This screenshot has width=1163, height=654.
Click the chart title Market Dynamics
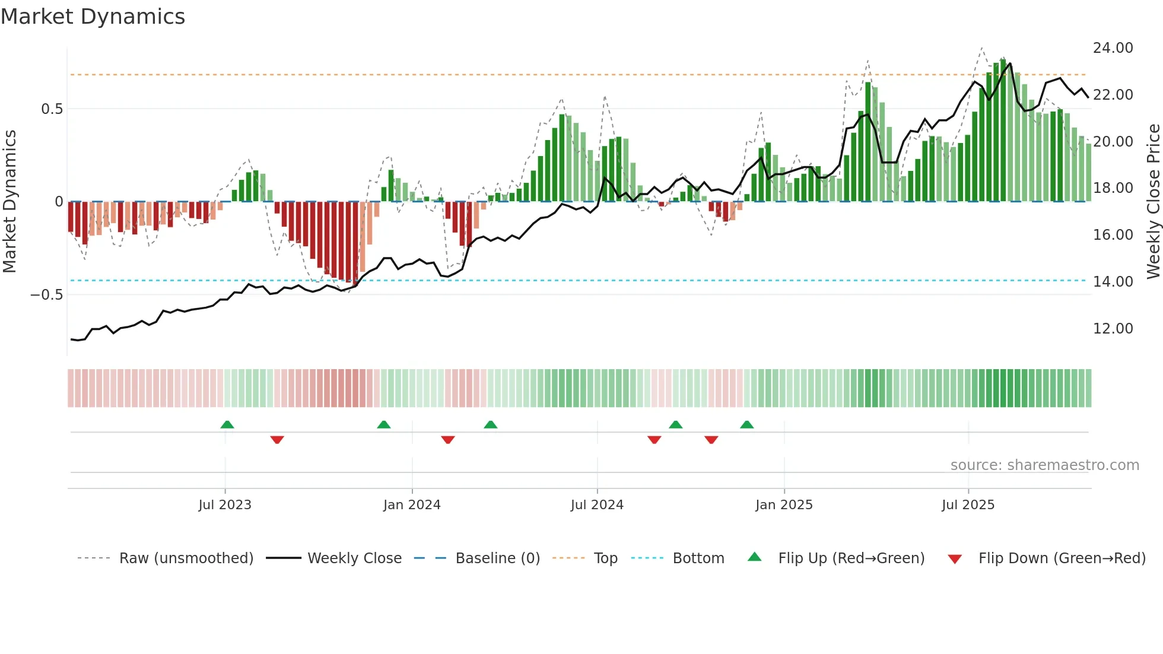pos(93,17)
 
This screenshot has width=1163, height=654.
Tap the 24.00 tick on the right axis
pos(1113,48)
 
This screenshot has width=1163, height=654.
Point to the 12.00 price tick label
pos(1113,329)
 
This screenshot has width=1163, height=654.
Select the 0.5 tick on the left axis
pos(52,109)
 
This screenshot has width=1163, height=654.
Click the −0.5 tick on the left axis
pos(46,295)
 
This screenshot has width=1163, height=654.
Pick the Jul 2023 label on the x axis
pos(225,505)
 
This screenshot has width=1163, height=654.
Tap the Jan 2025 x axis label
pos(784,505)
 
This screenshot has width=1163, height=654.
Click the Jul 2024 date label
pos(597,505)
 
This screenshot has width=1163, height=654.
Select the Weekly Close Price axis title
pos(1153,202)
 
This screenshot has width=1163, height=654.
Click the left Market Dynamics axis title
pos(9,202)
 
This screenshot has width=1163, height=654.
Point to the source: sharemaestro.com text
pos(1044,465)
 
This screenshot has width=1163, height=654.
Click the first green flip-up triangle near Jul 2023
pos(227,425)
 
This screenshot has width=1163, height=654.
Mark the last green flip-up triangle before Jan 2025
pos(747,425)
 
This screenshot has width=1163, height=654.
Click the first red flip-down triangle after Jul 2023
pos(277,440)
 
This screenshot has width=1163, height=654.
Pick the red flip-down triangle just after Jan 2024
pos(448,440)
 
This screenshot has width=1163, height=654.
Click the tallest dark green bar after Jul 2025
pos(1003,131)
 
